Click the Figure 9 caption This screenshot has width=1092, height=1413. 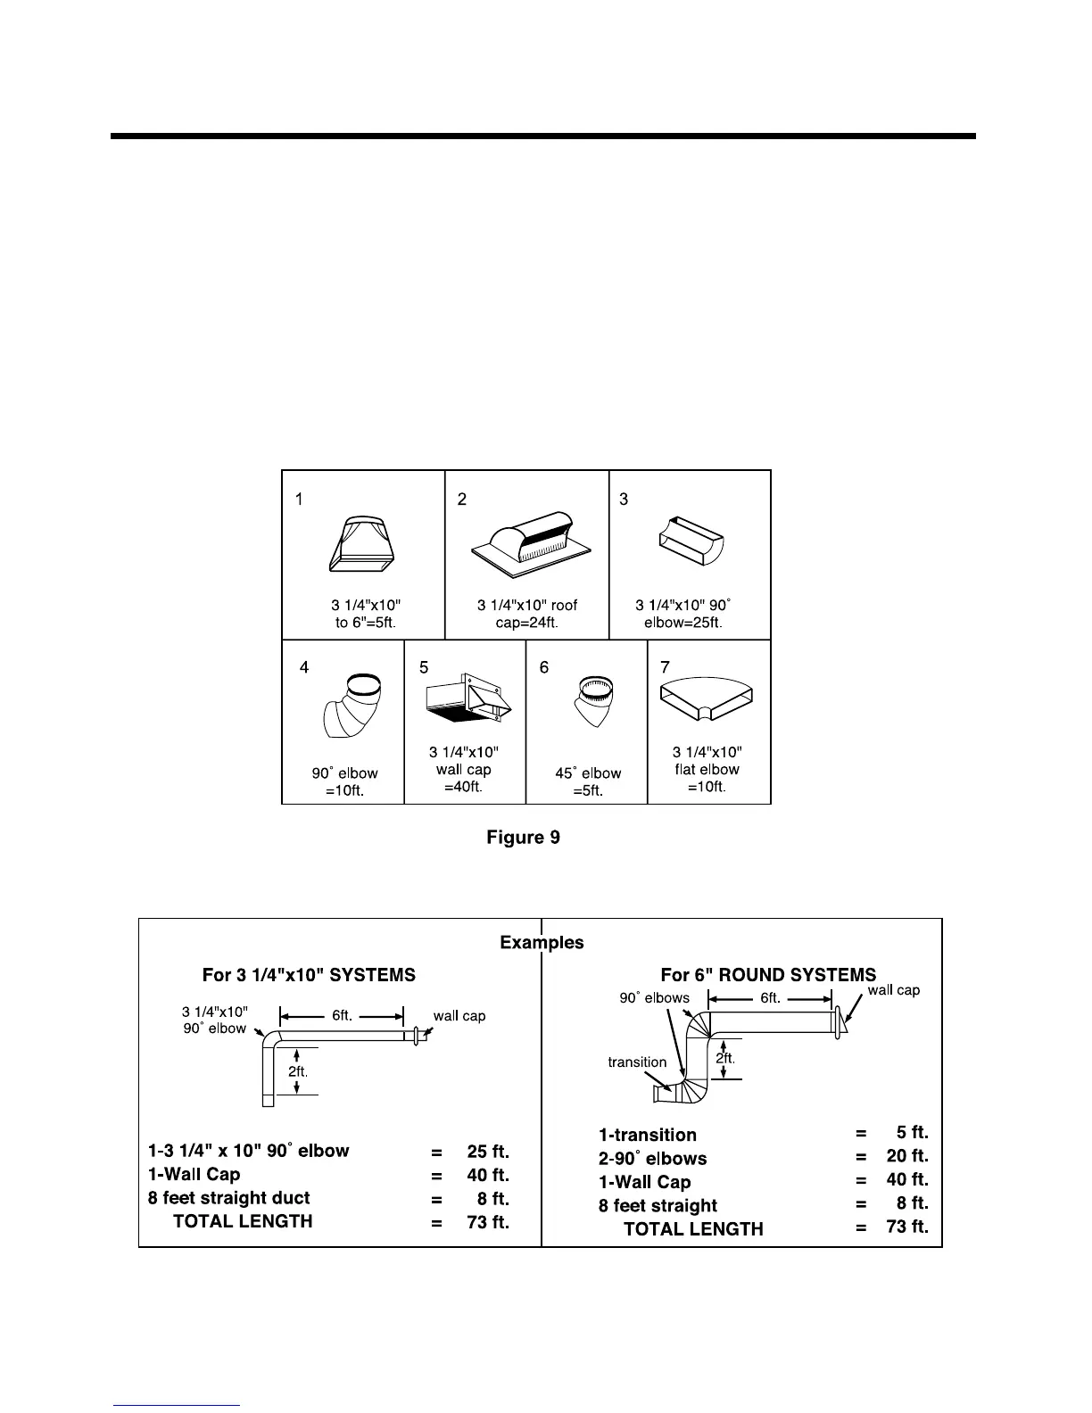click(x=523, y=838)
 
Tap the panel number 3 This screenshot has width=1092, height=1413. click(x=624, y=500)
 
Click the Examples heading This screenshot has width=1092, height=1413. click(x=542, y=943)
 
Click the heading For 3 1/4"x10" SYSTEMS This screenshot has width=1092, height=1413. click(x=309, y=975)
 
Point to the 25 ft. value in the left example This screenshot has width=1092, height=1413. click(x=488, y=1152)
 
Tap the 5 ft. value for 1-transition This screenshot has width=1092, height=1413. click(x=912, y=1133)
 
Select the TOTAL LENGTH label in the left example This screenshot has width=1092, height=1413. click(x=243, y=1221)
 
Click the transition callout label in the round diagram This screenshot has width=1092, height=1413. click(x=637, y=1062)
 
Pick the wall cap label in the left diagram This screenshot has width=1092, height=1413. click(x=459, y=1016)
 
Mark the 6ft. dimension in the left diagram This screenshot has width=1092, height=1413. click(x=342, y=1015)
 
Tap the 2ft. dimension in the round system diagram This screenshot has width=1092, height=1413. click(x=725, y=1058)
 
